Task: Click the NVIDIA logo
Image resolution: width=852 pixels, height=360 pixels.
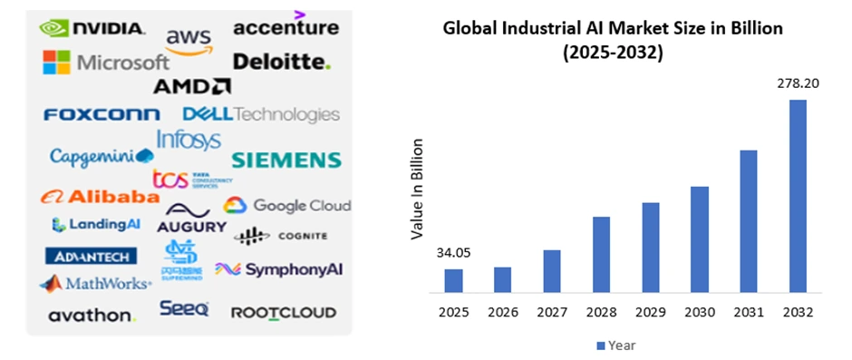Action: tap(92, 28)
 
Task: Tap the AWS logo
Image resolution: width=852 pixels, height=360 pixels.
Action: tap(189, 41)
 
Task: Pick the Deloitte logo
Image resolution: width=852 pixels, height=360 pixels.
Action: tap(282, 62)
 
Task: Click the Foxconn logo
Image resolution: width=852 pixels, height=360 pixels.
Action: tap(102, 114)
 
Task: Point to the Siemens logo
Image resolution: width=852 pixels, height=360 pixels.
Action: tap(286, 161)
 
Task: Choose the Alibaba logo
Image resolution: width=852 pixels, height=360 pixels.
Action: tap(100, 197)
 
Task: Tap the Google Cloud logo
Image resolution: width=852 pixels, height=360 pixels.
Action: tap(287, 206)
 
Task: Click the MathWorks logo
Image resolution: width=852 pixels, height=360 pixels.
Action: tap(95, 284)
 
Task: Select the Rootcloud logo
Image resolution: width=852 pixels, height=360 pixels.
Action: tap(284, 313)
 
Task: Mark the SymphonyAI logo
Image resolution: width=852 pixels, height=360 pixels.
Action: tap(279, 269)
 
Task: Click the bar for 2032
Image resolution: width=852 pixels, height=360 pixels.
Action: tap(798, 196)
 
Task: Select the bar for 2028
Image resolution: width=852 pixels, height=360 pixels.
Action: tap(602, 255)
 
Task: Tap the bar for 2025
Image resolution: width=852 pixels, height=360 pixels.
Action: tap(453, 281)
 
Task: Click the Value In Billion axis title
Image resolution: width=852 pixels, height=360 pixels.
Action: tap(418, 189)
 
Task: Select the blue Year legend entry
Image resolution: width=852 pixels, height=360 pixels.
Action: tap(616, 345)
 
